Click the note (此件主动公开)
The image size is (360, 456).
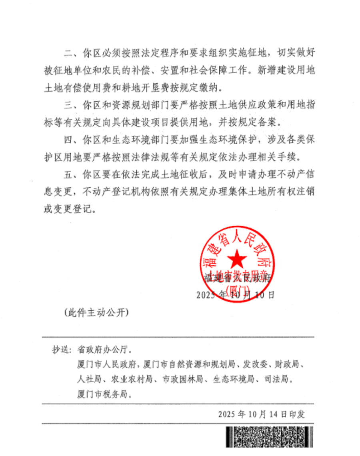pyautogui.click(x=96, y=313)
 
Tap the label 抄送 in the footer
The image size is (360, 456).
pyautogui.click(x=61, y=350)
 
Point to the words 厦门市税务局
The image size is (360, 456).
pyautogui.click(x=103, y=394)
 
